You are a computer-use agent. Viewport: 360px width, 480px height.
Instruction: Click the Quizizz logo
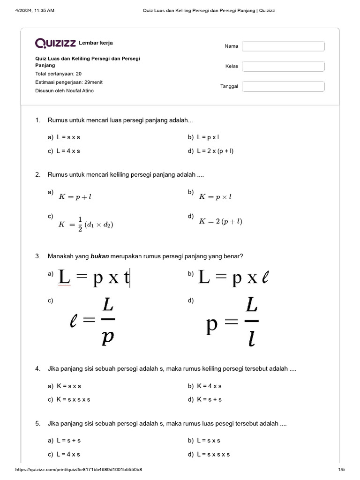[x=55, y=43]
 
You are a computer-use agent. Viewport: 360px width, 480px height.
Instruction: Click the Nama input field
[x=283, y=46]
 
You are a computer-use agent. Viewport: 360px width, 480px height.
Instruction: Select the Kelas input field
[x=283, y=66]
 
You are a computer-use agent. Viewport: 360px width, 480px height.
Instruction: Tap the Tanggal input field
[x=283, y=86]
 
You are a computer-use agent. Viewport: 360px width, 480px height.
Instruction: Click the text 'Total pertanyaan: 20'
[x=59, y=74]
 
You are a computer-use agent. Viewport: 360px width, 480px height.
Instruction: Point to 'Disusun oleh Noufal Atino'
[x=64, y=90]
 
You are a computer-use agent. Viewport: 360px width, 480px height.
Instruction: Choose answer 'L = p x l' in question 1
[x=208, y=138]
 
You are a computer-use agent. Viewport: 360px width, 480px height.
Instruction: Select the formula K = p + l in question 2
[x=75, y=197]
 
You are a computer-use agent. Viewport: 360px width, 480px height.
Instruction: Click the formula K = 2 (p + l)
[x=220, y=221]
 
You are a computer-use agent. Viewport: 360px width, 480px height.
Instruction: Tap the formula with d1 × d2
[x=85, y=224]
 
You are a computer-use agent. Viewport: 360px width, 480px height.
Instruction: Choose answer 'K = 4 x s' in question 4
[x=209, y=386]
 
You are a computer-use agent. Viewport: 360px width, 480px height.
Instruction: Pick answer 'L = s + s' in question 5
[x=68, y=441]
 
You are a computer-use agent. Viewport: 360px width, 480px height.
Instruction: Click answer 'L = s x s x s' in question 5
[x=213, y=454]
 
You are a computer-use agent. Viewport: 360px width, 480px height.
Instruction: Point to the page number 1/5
[x=341, y=470]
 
